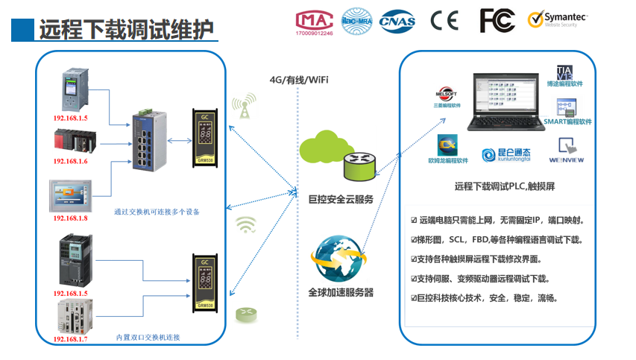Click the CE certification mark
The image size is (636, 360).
[444, 20]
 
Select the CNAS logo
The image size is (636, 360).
[397, 21]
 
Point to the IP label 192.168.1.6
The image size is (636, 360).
[70, 161]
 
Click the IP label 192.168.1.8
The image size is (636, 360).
[70, 218]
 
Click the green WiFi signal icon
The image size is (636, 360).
[246, 224]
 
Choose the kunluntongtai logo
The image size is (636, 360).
[506, 155]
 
